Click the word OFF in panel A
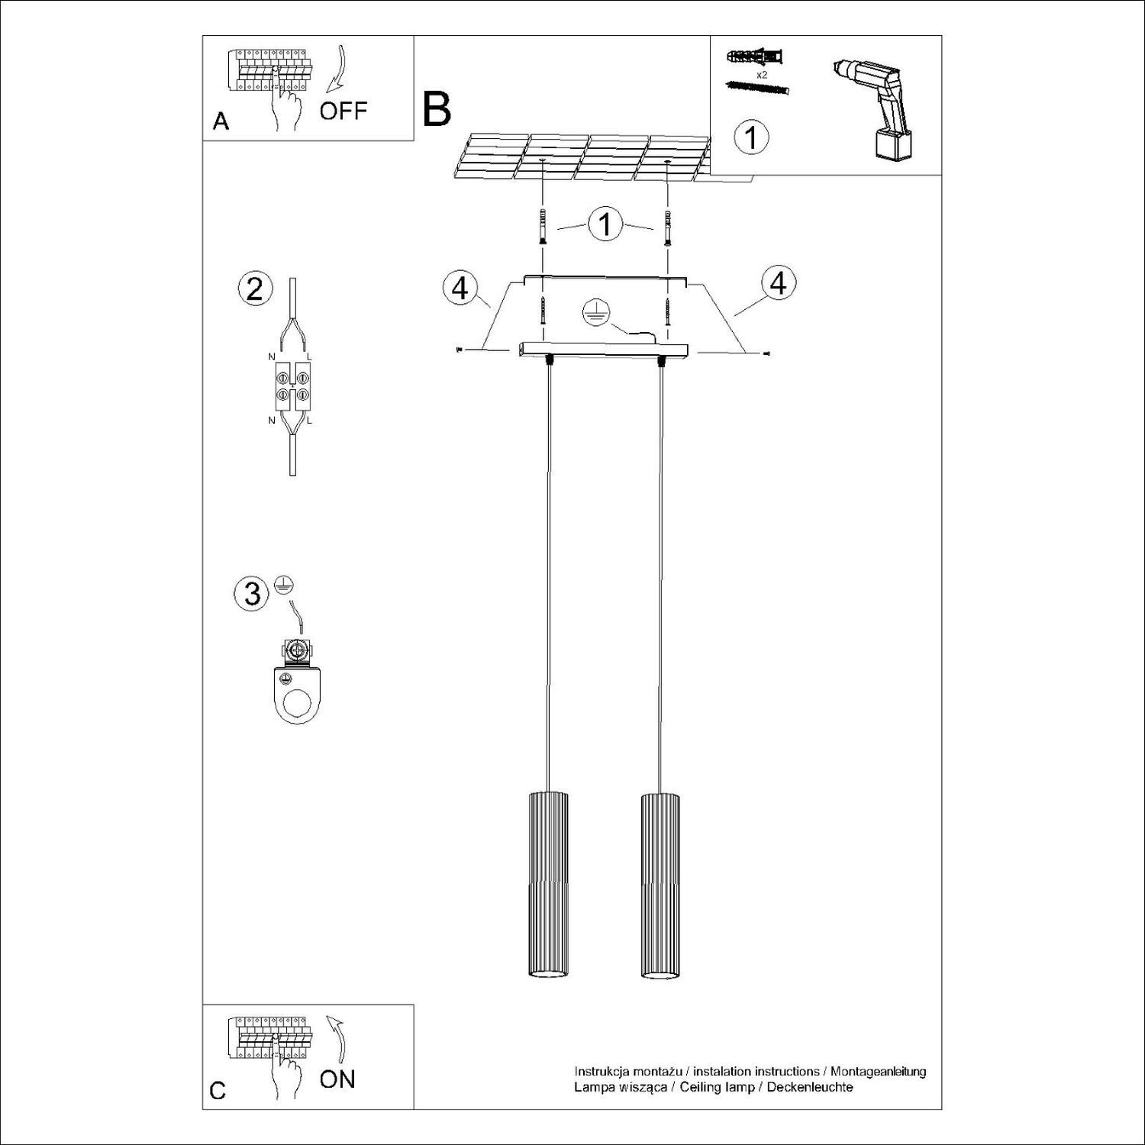coord(343,111)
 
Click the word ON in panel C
coord(337,1079)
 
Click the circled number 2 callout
coord(255,289)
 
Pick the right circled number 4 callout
coord(778,282)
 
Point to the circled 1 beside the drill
coord(751,137)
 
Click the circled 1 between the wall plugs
coord(605,225)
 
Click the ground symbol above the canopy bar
coord(593,311)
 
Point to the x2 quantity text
coord(761,76)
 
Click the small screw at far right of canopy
coord(766,353)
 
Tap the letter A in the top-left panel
coord(221,121)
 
